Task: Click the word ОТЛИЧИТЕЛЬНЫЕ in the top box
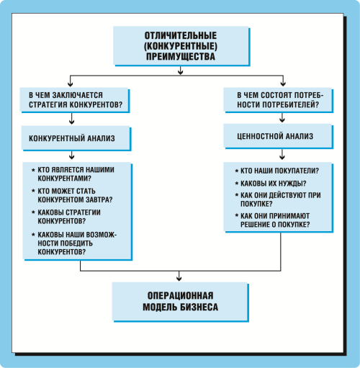click(x=181, y=35)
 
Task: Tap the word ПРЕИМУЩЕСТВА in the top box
click(x=181, y=57)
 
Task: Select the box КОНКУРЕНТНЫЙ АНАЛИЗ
click(x=76, y=138)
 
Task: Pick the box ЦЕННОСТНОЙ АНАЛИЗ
click(x=279, y=136)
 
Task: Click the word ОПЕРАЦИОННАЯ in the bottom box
click(x=180, y=295)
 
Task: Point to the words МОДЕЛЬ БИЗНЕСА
click(x=180, y=307)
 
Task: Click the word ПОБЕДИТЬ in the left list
click(x=75, y=243)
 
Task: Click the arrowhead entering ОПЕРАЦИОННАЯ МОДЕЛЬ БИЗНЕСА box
click(x=179, y=279)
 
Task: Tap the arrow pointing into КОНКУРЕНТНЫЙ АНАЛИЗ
click(x=71, y=119)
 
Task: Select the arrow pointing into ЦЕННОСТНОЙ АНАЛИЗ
click(x=282, y=117)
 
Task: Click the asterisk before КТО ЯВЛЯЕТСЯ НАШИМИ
click(x=33, y=170)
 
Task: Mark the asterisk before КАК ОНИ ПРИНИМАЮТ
click(x=237, y=215)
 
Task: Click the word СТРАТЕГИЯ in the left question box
click(x=48, y=104)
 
